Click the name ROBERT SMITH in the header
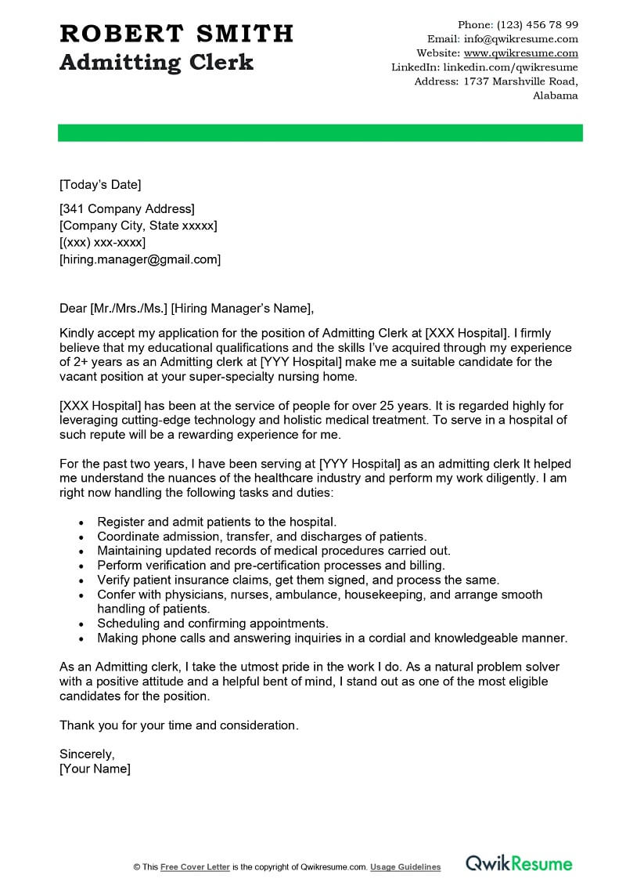click(x=176, y=34)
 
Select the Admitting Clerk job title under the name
click(x=156, y=63)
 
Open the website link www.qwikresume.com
click(x=520, y=53)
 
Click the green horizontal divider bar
click(x=320, y=132)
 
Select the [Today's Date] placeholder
click(x=100, y=185)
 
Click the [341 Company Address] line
click(x=127, y=208)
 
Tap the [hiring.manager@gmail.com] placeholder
click(x=140, y=259)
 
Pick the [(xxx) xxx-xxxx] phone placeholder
click(x=103, y=242)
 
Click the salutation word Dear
click(x=74, y=307)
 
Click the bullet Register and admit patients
click(x=217, y=522)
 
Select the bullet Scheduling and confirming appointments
click(x=212, y=624)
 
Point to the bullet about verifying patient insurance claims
click(x=297, y=580)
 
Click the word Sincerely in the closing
click(x=87, y=754)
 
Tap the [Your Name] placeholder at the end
click(x=95, y=768)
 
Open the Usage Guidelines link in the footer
click(x=405, y=867)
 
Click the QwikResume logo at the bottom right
click(x=519, y=864)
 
